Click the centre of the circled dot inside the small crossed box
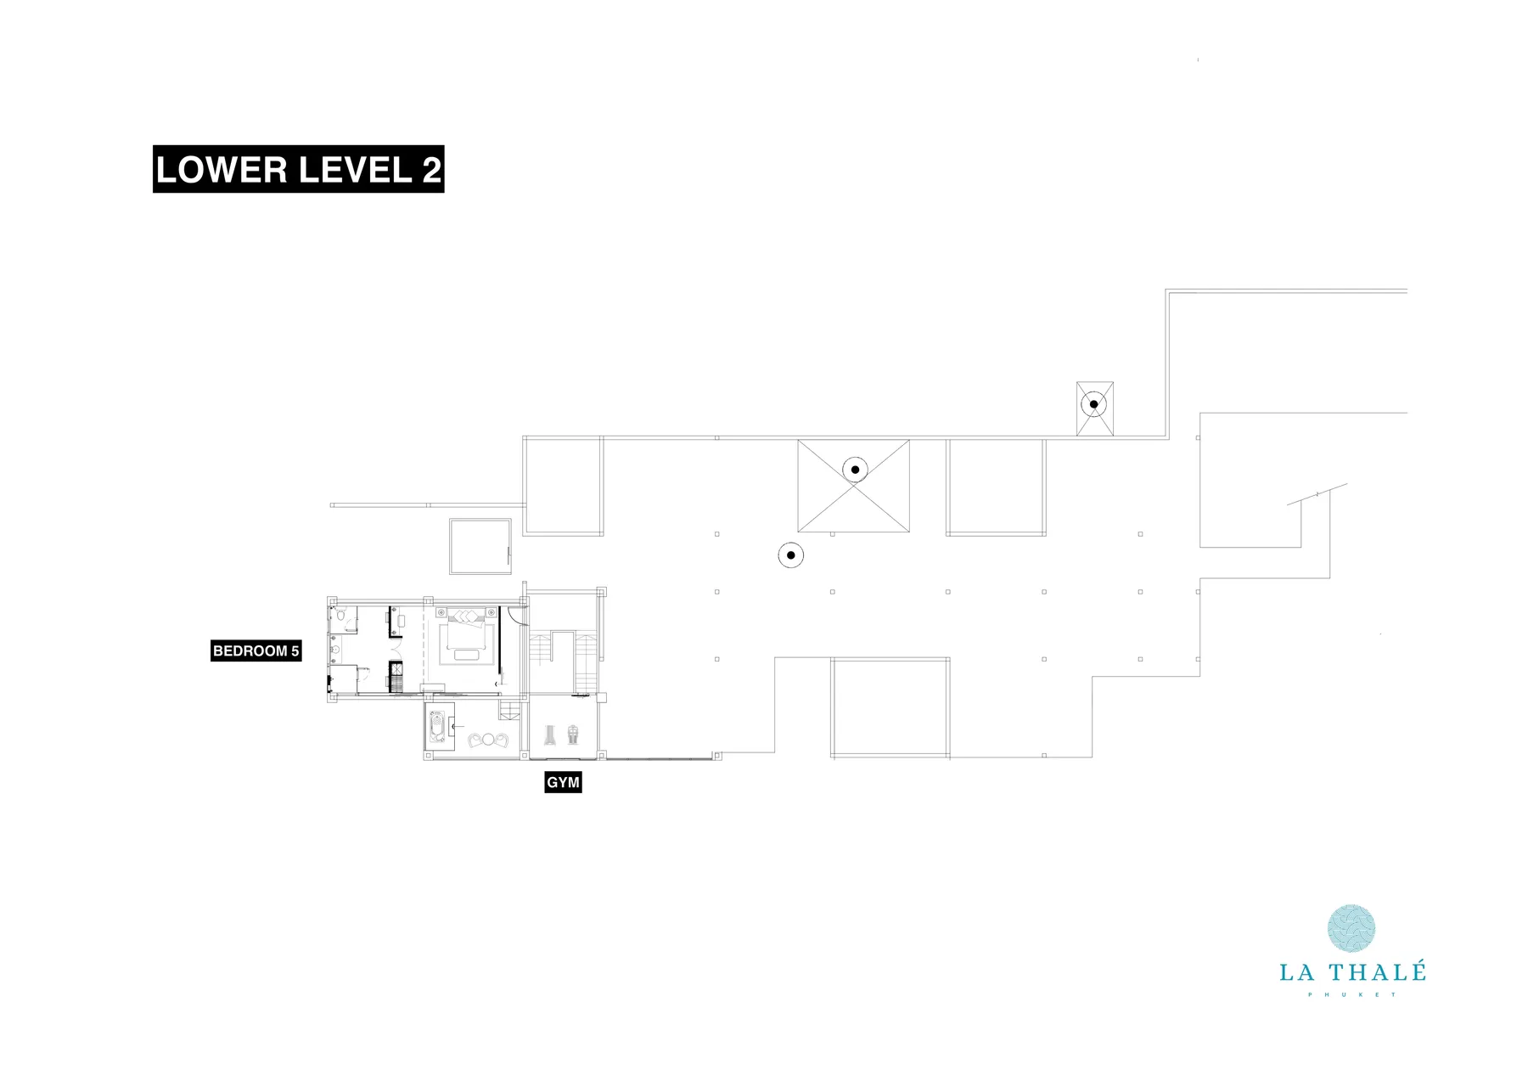[x=1094, y=404]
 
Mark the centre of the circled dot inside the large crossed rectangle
[x=856, y=469]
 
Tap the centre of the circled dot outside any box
[x=791, y=555]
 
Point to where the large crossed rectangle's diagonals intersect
[x=853, y=486]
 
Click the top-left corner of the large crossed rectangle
[x=798, y=440]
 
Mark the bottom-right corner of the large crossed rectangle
[x=909, y=532]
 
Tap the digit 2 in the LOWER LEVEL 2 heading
[x=431, y=170]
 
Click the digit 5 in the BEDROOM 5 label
[x=295, y=651]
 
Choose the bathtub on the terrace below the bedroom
[x=437, y=728]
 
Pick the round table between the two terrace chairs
[x=488, y=740]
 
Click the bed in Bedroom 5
[x=465, y=637]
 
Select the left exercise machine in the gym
[x=549, y=735]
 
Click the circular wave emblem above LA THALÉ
[x=1351, y=928]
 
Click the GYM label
[x=564, y=782]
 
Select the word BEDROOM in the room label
[x=250, y=651]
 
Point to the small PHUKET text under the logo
[x=1352, y=994]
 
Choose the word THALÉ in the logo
[x=1377, y=972]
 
